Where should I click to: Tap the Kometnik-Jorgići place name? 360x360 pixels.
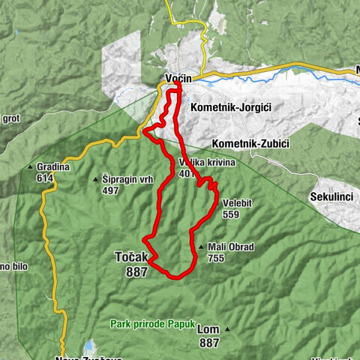229,108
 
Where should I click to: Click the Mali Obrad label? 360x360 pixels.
232,247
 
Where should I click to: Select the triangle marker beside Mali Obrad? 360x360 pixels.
201,247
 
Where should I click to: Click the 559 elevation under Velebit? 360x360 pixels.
230,214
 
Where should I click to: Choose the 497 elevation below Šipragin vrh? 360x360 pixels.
110,190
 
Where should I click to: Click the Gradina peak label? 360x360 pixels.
52,166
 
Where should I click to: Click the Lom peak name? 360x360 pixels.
208,329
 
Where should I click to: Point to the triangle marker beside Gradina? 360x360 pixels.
30,166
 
